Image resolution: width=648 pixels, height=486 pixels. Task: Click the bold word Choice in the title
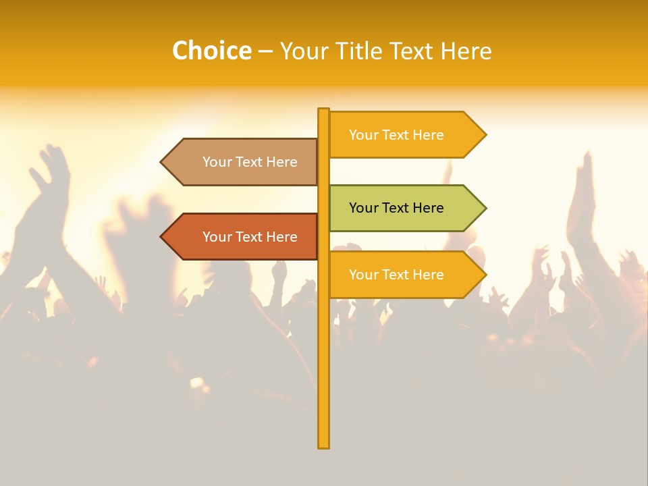click(x=211, y=51)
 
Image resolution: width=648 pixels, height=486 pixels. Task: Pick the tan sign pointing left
click(x=243, y=162)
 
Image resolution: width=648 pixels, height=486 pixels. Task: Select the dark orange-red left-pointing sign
click(x=243, y=237)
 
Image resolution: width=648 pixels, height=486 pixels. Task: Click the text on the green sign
click(x=396, y=208)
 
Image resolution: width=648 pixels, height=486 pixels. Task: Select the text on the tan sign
click(x=250, y=162)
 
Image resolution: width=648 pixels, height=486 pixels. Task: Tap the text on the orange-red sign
click(x=250, y=237)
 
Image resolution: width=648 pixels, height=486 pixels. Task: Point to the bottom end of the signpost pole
click(x=323, y=446)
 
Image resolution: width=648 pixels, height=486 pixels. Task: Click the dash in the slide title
click(x=266, y=51)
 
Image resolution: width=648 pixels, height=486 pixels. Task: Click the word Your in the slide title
click(x=303, y=51)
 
